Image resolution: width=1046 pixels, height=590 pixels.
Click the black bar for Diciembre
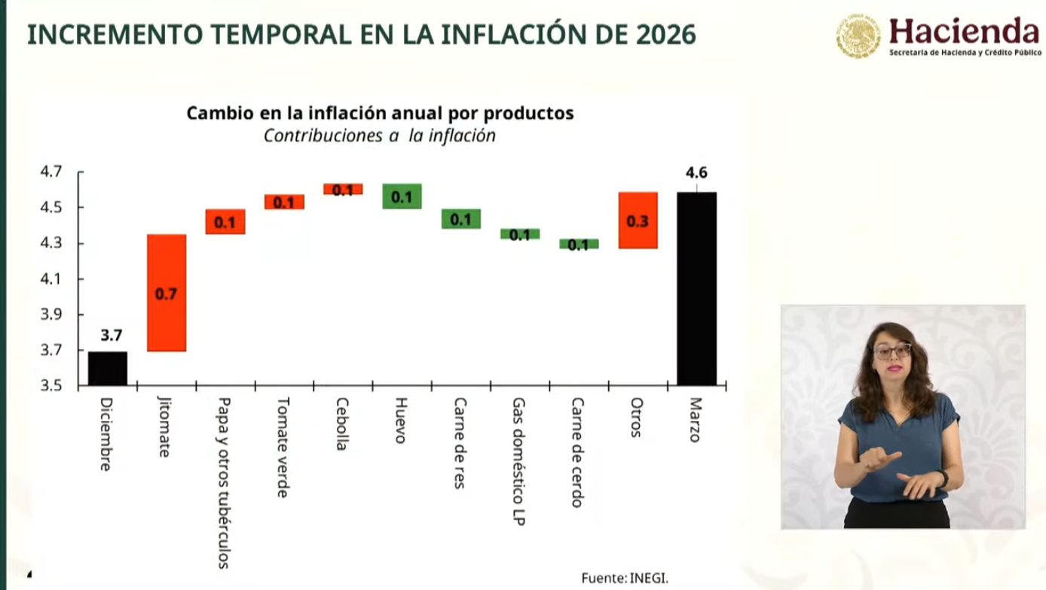107,368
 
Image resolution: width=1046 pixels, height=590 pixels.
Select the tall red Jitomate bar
167,293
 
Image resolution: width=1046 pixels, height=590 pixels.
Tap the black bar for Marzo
696,289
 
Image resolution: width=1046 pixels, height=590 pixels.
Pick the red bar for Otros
638,220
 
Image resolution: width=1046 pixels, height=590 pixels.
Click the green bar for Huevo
402,196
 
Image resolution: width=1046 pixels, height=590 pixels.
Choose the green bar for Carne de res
460,219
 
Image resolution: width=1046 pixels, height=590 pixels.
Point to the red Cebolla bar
343,189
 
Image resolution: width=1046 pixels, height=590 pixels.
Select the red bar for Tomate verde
284,202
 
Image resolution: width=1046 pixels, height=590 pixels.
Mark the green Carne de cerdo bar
579,244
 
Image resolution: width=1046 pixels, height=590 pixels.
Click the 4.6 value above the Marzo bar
696,173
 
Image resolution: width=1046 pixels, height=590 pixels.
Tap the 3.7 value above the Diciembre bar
112,336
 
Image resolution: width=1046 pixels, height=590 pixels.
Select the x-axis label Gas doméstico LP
518,461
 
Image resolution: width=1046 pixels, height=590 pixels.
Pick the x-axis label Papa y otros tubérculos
224,482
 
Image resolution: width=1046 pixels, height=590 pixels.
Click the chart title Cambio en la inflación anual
380,113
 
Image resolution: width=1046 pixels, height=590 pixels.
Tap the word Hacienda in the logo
964,31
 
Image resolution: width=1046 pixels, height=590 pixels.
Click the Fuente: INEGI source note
625,578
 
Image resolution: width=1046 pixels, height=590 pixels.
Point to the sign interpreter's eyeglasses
892,350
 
